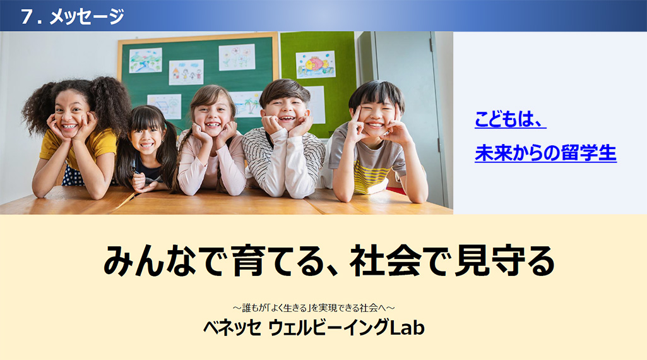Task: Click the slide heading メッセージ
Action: (x=86, y=17)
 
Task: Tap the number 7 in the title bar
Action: (x=27, y=17)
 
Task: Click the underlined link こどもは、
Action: (x=511, y=119)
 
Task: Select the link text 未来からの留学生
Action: (x=545, y=153)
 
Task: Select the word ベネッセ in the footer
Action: (x=232, y=328)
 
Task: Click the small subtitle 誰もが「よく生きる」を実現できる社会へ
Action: (x=314, y=308)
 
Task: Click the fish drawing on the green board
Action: (x=315, y=64)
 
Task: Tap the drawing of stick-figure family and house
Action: (x=186, y=72)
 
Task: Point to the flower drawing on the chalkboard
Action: (x=237, y=57)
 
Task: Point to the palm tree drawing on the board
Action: (x=246, y=104)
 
